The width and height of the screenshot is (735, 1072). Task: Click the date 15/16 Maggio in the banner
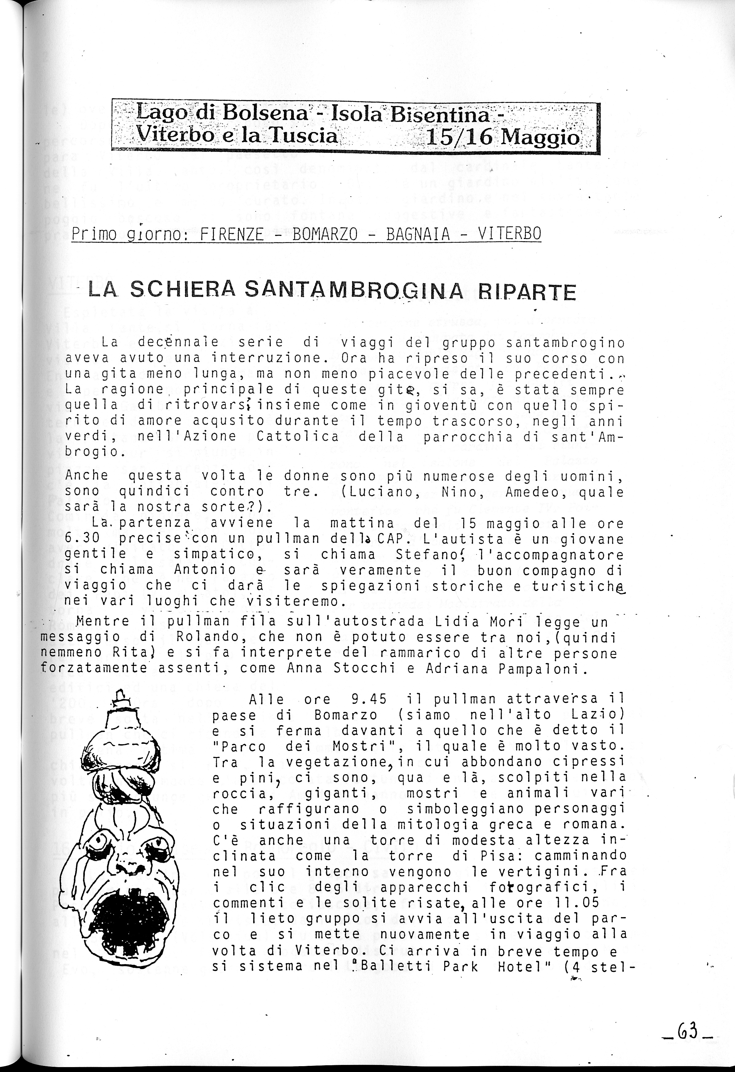click(x=503, y=137)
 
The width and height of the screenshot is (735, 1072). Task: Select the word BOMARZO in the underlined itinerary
click(x=325, y=234)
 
